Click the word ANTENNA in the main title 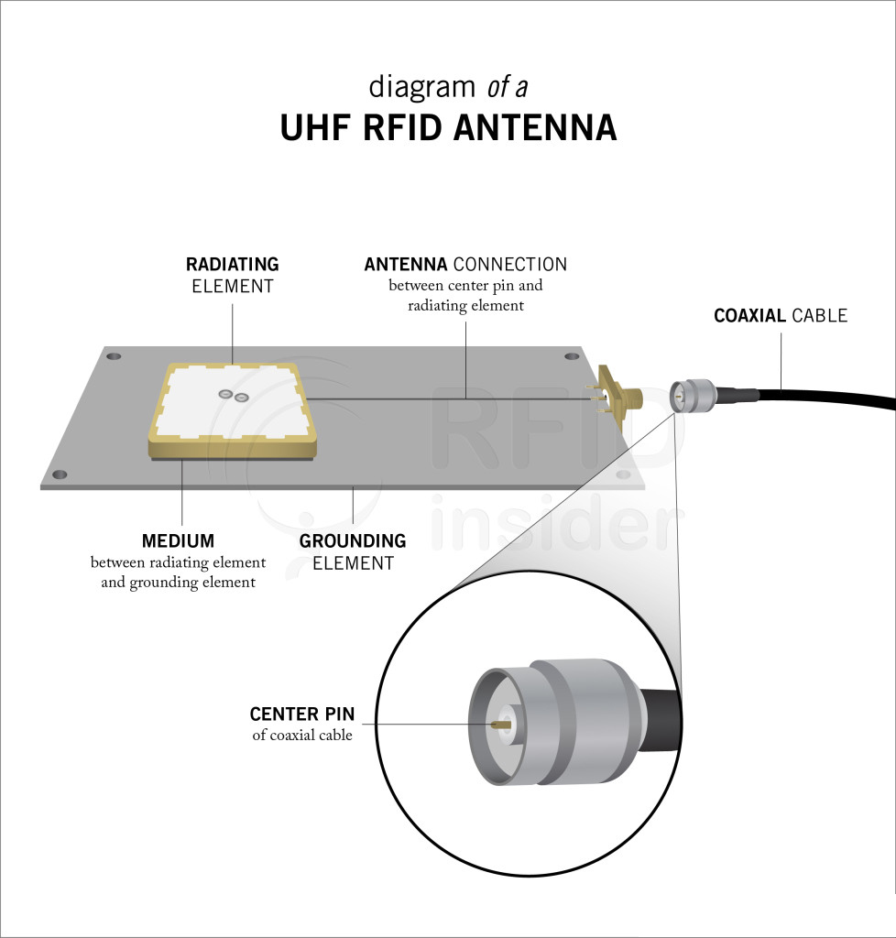(535, 127)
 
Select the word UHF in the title (314, 127)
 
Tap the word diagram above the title (421, 87)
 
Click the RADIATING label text (232, 264)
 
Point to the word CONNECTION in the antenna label (510, 264)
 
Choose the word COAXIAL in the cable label (750, 315)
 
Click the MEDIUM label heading (179, 540)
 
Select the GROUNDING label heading (353, 540)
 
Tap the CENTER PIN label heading (302, 714)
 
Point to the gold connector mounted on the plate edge (618, 394)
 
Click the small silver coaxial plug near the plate (694, 394)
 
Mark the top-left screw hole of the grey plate (114, 356)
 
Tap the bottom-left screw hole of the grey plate (60, 475)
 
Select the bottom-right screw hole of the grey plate (623, 475)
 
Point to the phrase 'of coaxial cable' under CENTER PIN (302, 735)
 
